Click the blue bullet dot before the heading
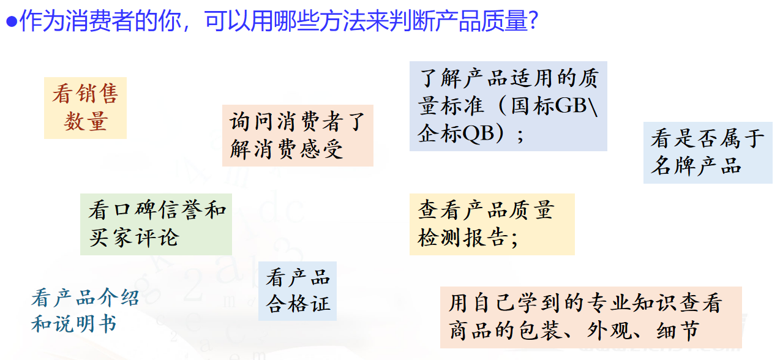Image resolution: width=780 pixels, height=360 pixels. (12, 21)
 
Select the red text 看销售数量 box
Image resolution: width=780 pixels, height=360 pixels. (85, 108)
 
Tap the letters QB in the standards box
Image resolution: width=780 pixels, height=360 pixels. (478, 133)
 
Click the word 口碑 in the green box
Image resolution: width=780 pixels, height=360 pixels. (135, 210)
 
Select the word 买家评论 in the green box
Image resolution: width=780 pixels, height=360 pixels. (134, 238)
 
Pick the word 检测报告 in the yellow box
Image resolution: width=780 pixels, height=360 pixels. (463, 238)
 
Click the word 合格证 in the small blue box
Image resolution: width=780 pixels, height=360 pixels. (298, 304)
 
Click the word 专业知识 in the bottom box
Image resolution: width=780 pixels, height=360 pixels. (631, 302)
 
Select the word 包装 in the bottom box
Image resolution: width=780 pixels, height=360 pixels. (540, 330)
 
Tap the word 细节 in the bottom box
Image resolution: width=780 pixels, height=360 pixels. (678, 330)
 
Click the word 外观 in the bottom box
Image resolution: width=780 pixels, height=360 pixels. (609, 330)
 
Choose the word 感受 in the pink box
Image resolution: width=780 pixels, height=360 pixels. (321, 150)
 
